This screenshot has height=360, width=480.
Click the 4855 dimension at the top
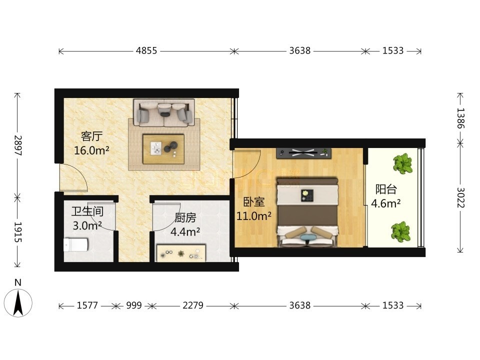pos(146,50)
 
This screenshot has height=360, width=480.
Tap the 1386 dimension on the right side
pos(460,118)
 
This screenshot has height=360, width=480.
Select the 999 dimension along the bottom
pos(134,305)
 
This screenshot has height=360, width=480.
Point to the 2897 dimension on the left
pos(18,145)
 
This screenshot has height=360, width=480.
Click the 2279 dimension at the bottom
pos(193,305)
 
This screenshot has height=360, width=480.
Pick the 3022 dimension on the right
pos(460,198)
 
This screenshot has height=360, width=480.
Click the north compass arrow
pos(18,303)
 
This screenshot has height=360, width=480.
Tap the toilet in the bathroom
pos(76,245)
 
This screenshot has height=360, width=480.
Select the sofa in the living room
pos(164,112)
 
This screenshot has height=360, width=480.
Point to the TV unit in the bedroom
pos(303,153)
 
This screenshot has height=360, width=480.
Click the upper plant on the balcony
pos(403,163)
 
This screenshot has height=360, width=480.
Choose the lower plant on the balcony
pos(401,231)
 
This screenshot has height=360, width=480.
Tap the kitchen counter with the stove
pos(181,253)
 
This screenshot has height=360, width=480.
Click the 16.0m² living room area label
pos(92,150)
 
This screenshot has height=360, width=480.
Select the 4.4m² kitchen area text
pos(185,231)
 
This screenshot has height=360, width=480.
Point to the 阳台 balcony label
pos(386,189)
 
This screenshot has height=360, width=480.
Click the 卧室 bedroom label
pos(254,201)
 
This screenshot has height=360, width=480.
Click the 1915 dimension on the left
pos(18,232)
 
